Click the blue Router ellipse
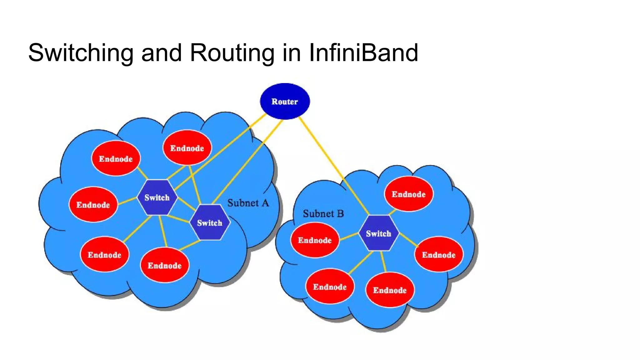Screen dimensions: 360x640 [x=285, y=101]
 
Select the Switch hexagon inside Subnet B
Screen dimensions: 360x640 [x=378, y=233]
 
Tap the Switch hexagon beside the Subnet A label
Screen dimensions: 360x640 [x=210, y=222]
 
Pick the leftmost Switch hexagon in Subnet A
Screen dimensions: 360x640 [x=157, y=197]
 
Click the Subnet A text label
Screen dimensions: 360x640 [x=248, y=203]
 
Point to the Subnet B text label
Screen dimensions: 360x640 [x=323, y=214]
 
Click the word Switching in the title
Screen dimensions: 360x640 [x=81, y=52]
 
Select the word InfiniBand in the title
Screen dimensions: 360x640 [x=363, y=52]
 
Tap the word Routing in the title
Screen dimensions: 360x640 [x=232, y=52]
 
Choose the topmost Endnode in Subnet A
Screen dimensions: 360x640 [x=187, y=148]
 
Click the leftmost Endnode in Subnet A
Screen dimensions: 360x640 [x=93, y=205]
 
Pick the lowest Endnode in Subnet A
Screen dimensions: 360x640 [x=165, y=265]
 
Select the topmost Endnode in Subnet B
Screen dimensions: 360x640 [x=408, y=194]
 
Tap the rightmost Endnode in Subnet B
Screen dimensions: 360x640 [x=439, y=255]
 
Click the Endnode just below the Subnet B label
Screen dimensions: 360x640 [x=315, y=240]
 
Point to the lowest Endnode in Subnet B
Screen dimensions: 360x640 [x=390, y=290]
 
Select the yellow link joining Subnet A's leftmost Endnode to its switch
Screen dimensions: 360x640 [x=127, y=201]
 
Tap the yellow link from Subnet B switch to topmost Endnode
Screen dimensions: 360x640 [x=393, y=212]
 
